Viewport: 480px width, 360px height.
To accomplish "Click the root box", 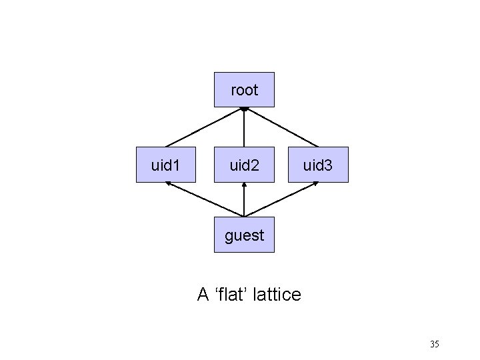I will point(244,89).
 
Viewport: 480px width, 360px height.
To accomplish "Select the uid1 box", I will point(166,165).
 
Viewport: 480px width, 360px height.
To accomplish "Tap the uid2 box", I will point(244,165).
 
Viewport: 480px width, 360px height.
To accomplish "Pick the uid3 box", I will point(318,165).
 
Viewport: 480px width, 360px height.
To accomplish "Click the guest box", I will point(244,235).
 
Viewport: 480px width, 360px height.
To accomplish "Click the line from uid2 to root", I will point(244,128).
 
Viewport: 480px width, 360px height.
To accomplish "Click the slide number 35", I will point(434,345).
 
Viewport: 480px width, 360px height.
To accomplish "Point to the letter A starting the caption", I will point(203,294).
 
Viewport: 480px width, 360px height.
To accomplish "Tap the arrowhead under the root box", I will point(244,109).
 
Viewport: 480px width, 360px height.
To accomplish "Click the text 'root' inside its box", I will point(244,89).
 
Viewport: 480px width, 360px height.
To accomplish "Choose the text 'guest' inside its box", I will point(244,235).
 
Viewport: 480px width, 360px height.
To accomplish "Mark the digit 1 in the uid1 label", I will point(177,165).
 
